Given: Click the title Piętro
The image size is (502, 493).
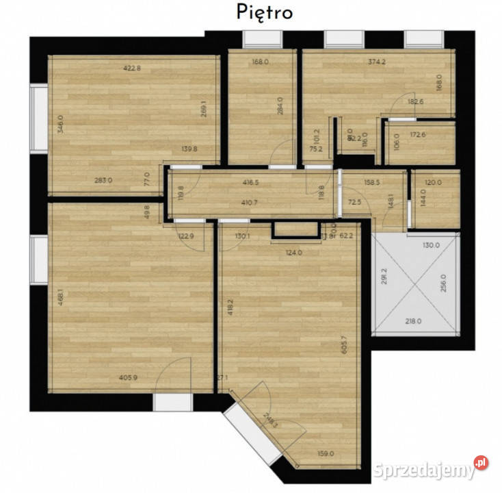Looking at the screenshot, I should [x=265, y=12].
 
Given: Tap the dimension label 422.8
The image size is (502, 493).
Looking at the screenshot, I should [x=132, y=68].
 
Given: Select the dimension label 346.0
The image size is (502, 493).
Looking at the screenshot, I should [x=61, y=124].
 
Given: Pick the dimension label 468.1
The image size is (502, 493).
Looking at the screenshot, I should [x=61, y=299].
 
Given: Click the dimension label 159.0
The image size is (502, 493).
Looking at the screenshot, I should [x=324, y=453].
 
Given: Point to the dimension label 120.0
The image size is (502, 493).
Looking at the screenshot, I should [x=433, y=183].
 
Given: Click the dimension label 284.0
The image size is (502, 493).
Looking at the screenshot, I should [x=279, y=108].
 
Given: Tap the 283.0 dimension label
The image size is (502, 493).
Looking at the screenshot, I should [x=103, y=180].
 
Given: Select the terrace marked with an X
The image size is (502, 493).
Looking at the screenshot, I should [x=414, y=283].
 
